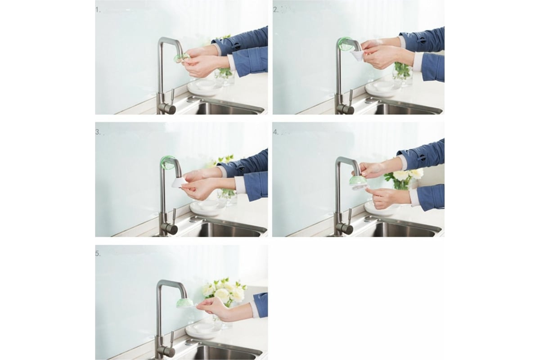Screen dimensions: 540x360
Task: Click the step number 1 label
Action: coord(98,10)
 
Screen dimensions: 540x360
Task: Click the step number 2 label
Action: coord(276,10)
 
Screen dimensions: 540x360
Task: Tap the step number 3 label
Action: coord(98,132)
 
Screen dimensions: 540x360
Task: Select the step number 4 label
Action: coord(276,132)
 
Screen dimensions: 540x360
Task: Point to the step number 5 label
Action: coord(98,253)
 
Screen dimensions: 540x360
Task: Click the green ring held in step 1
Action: coord(180,58)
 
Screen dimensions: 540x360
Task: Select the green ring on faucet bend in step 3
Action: coord(168,162)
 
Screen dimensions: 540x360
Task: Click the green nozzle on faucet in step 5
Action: coord(184,303)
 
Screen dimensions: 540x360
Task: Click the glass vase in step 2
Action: coord(403,73)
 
